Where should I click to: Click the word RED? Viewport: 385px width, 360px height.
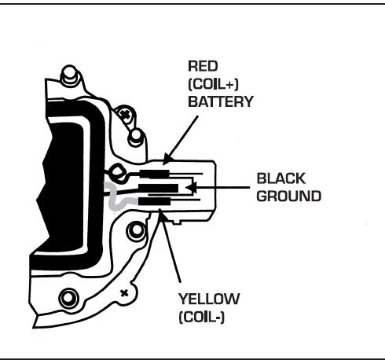203,66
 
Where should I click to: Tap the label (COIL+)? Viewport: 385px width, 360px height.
213,84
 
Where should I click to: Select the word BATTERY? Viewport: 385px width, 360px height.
221,101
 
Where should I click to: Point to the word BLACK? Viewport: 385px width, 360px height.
281,178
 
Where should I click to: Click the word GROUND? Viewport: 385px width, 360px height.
288,197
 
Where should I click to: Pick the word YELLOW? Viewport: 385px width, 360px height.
209,299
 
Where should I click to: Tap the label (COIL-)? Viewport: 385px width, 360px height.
202,318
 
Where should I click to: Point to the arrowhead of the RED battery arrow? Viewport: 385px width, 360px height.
167,160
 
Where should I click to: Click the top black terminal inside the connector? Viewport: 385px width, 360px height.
154,174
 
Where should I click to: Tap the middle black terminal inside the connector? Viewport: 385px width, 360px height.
158,188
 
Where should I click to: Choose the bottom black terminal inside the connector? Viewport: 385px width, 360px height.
154,201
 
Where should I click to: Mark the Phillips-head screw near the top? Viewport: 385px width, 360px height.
126,114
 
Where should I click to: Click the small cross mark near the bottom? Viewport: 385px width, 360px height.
124,293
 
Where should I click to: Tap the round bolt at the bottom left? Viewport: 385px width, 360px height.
68,298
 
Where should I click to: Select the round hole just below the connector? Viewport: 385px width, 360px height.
136,230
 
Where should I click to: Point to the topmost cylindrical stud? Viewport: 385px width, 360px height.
69,75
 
